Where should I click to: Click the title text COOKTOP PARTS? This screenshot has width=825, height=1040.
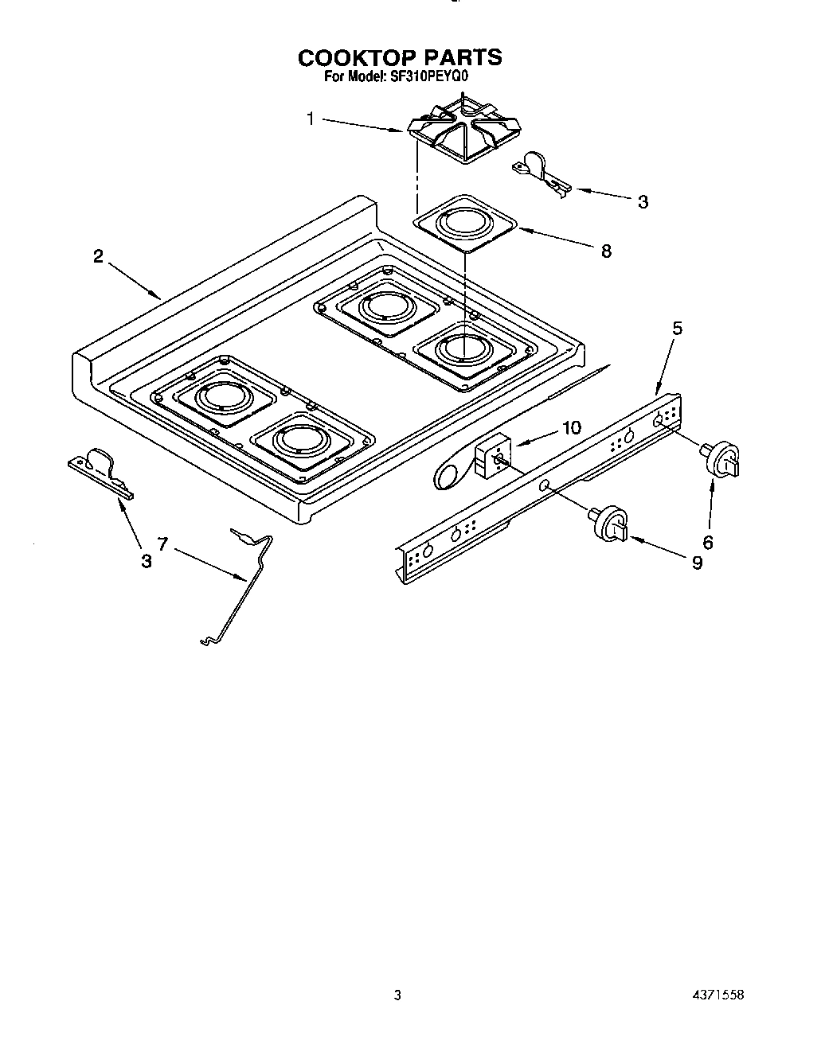(x=400, y=57)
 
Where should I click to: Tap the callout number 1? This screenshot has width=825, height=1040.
(x=310, y=119)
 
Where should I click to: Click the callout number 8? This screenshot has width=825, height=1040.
(x=607, y=251)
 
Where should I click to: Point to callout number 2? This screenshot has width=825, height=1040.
(x=98, y=255)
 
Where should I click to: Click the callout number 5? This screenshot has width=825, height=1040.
(x=677, y=327)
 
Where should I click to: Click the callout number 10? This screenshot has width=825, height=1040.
(x=571, y=427)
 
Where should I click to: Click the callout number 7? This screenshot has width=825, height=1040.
(x=162, y=544)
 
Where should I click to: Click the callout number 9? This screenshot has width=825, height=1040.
(x=697, y=563)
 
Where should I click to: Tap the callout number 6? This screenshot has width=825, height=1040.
(x=707, y=543)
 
